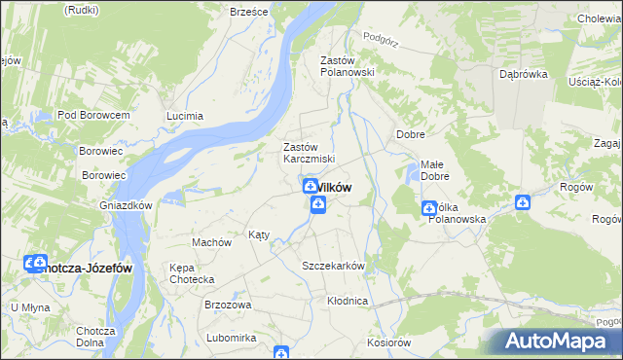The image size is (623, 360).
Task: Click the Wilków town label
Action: (333, 188)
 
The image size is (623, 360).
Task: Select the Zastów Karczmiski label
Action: (309, 153)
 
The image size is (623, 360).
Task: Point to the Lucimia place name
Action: (185, 116)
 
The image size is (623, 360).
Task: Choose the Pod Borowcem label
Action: (93, 115)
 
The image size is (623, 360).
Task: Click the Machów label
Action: (211, 242)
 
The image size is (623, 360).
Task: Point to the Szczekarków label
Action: (333, 267)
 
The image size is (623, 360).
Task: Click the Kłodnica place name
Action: (348, 301)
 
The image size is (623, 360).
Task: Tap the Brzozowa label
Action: (228, 305)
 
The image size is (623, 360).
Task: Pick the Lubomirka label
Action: (231, 338)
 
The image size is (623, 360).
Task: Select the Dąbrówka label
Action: (524, 73)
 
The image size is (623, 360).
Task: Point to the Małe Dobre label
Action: (434, 171)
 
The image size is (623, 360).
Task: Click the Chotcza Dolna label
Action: (95, 337)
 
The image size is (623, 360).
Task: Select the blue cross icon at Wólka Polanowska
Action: (429, 208)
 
